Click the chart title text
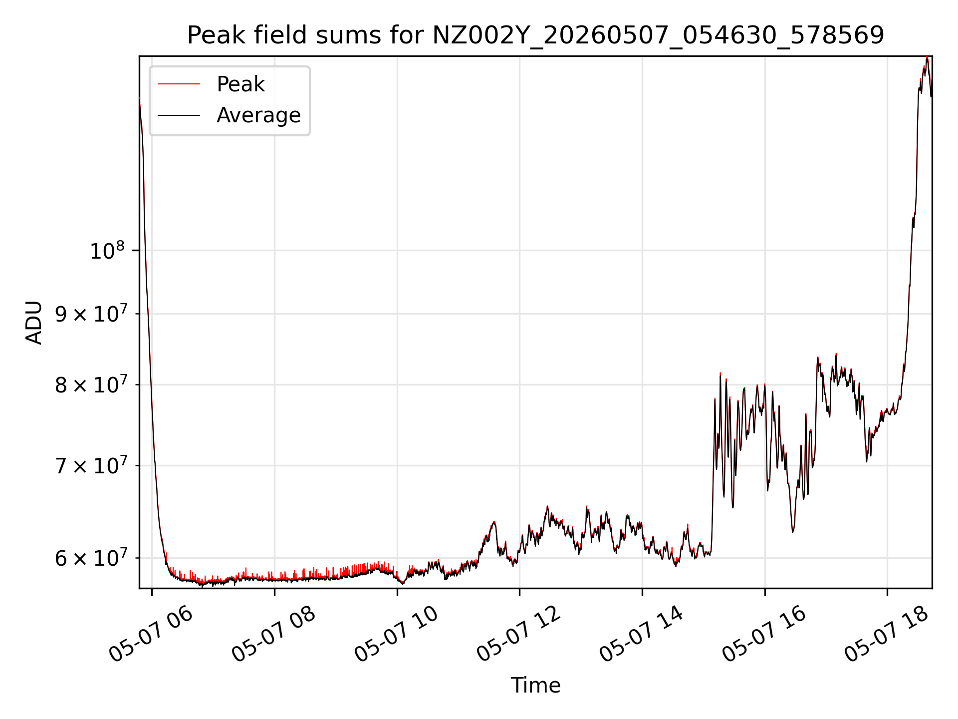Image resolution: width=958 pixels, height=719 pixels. pyautogui.click(x=535, y=35)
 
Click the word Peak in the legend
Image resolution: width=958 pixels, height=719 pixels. pyautogui.click(x=240, y=84)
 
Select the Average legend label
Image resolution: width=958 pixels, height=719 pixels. pyautogui.click(x=258, y=115)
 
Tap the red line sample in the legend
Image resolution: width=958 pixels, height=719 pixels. pyautogui.click(x=179, y=84)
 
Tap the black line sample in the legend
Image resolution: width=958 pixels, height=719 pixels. pyautogui.click(x=179, y=115)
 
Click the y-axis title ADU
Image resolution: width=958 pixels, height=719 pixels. pyautogui.click(x=34, y=322)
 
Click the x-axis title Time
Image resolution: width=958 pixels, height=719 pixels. pyautogui.click(x=535, y=686)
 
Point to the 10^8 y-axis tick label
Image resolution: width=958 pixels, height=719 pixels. pyautogui.click(x=107, y=251)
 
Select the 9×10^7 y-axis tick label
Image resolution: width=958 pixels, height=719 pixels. pyautogui.click(x=91, y=314)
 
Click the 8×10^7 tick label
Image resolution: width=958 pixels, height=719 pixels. pyautogui.click(x=91, y=385)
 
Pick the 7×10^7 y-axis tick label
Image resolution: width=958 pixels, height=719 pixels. pyautogui.click(x=91, y=466)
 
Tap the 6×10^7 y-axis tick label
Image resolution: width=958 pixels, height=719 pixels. pyautogui.click(x=91, y=558)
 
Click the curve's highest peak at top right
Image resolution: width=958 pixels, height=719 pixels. pyautogui.click(x=927, y=57)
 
